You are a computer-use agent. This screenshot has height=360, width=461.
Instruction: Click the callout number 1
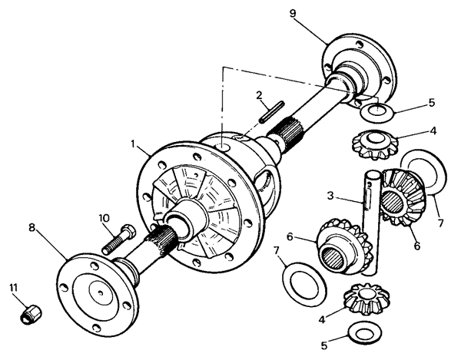click(133, 144)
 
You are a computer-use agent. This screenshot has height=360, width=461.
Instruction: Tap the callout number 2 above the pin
click(259, 95)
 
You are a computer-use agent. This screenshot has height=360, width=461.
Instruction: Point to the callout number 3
click(330, 196)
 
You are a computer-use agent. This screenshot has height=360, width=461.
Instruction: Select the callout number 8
click(32, 227)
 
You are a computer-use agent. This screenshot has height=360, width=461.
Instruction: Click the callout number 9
click(293, 14)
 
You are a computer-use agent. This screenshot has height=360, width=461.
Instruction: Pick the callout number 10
click(104, 218)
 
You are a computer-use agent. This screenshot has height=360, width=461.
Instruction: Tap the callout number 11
click(14, 288)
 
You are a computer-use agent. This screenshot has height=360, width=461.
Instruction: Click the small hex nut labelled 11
click(31, 313)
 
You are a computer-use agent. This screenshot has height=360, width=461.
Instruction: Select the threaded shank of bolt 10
click(114, 243)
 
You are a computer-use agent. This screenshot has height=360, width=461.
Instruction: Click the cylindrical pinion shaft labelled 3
click(371, 223)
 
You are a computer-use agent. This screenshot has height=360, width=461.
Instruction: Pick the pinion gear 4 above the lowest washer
click(366, 299)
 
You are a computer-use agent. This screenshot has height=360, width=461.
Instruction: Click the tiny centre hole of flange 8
click(100, 292)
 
